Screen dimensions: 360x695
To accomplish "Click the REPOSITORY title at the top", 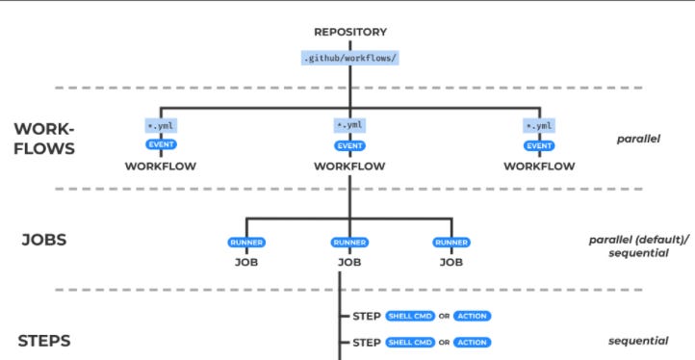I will click(x=349, y=32).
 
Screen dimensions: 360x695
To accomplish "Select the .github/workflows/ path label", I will click(x=349, y=58).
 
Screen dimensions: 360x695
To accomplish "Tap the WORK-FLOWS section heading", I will click(x=44, y=140).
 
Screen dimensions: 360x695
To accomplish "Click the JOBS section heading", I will click(x=44, y=240).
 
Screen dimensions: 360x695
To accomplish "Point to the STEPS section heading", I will click(x=44, y=341).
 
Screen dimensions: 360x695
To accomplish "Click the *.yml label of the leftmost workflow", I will click(x=161, y=126).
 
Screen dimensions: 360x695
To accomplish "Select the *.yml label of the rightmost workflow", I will click(x=539, y=126).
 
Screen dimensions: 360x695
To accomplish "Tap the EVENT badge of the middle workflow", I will click(x=349, y=145).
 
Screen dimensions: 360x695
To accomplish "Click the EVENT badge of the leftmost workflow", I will click(x=161, y=145).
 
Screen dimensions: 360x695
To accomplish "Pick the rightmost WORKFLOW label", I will click(x=539, y=166).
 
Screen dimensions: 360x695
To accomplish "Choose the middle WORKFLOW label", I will click(x=349, y=166).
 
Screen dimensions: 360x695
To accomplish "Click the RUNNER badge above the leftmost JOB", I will click(x=246, y=243).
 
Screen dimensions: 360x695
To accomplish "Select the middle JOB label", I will click(x=349, y=261).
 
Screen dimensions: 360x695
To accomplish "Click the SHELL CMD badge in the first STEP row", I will click(x=410, y=316).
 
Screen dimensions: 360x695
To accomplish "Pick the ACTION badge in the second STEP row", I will click(x=472, y=342).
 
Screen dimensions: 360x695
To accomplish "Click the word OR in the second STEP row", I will click(x=445, y=342).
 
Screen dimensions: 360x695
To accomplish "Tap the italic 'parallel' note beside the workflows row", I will click(x=638, y=139).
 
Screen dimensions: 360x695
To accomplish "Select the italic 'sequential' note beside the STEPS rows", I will click(x=638, y=341).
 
